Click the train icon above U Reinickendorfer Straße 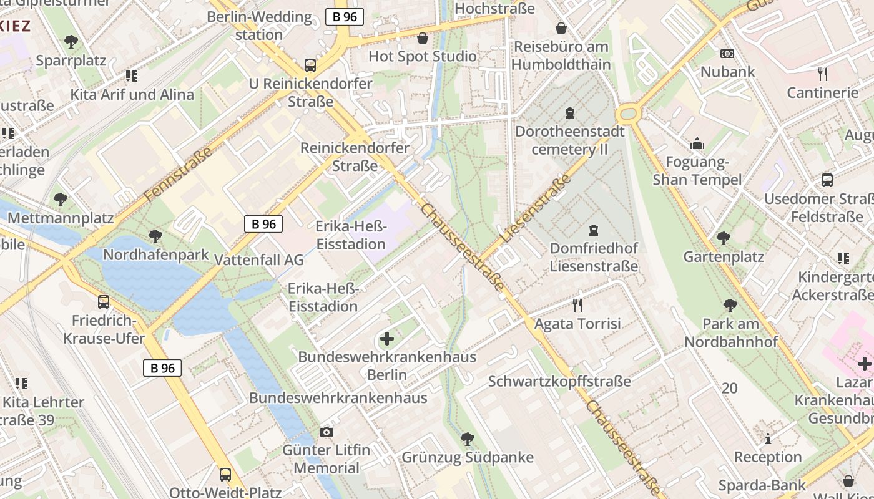click(x=310, y=65)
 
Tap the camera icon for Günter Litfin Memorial click(x=326, y=432)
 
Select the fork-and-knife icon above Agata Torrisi click(x=577, y=305)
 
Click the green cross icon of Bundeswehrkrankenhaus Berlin click(x=387, y=339)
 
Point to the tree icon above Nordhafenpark click(x=155, y=236)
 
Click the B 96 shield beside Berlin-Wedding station click(x=344, y=17)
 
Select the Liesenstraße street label click(x=536, y=208)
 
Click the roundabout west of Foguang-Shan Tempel click(x=627, y=114)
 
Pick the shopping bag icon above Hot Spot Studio click(x=423, y=38)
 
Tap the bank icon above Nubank click(x=727, y=54)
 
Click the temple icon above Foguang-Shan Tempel click(x=697, y=144)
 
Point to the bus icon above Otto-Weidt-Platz click(x=225, y=474)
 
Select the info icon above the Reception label click(x=768, y=438)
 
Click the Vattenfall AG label click(x=258, y=260)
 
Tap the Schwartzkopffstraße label click(x=559, y=381)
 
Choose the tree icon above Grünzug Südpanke click(x=467, y=438)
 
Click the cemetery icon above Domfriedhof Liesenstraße click(x=593, y=230)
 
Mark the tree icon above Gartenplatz click(x=724, y=238)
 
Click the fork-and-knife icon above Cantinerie click(x=823, y=74)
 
